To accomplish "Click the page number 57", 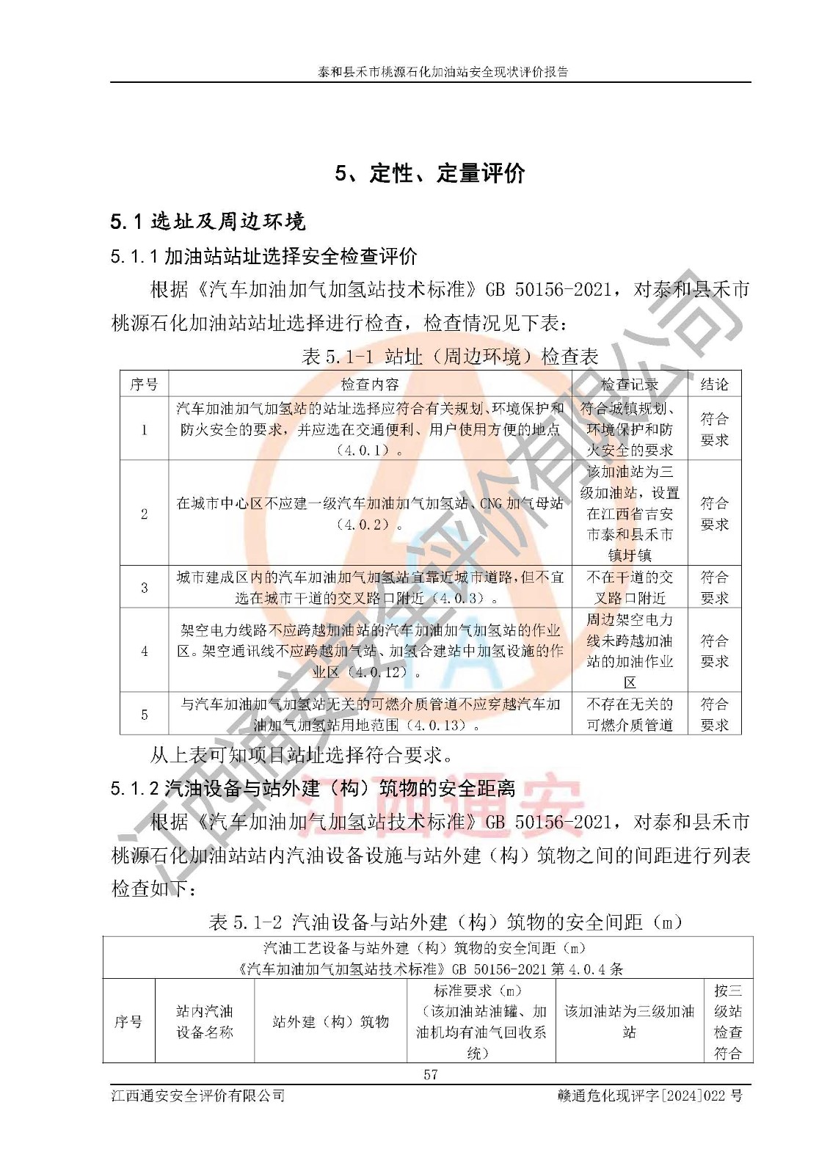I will (x=430, y=1074).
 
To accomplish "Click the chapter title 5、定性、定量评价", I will (x=430, y=173).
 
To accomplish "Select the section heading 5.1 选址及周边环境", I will (x=208, y=221).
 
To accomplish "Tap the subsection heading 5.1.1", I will (x=264, y=256).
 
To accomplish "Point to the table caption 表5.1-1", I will (x=450, y=357).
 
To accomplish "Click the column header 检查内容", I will (x=370, y=384).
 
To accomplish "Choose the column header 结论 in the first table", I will (x=714, y=384).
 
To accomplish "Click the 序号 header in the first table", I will (x=144, y=384).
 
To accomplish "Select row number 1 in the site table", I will (x=144, y=429).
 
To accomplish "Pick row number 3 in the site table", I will (x=144, y=587).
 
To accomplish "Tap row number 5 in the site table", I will (x=144, y=714).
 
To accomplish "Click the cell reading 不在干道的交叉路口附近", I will (x=630, y=587).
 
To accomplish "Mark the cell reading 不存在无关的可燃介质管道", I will (x=630, y=714).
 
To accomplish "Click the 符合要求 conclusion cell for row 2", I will (x=714, y=514).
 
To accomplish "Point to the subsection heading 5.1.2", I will (x=313, y=789).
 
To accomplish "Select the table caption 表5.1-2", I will (x=445, y=922).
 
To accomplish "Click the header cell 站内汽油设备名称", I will (x=204, y=1021).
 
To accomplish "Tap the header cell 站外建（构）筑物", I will (x=330, y=1021).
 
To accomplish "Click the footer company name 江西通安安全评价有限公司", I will (x=198, y=1095).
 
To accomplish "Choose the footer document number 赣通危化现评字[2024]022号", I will (x=649, y=1095).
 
